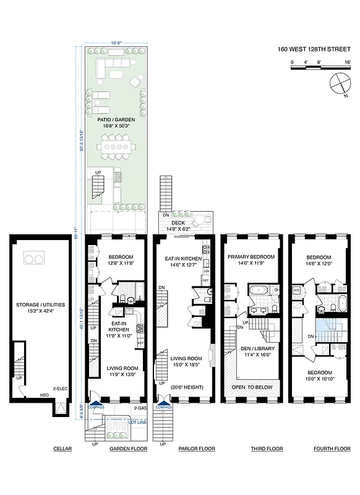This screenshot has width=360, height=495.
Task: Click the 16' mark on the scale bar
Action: point(348,62)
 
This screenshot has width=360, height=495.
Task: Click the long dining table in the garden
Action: point(116,148)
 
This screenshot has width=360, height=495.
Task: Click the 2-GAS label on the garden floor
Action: point(139,408)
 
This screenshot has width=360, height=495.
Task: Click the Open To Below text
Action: point(252,387)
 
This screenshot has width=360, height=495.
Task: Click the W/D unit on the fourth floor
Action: point(296,290)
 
